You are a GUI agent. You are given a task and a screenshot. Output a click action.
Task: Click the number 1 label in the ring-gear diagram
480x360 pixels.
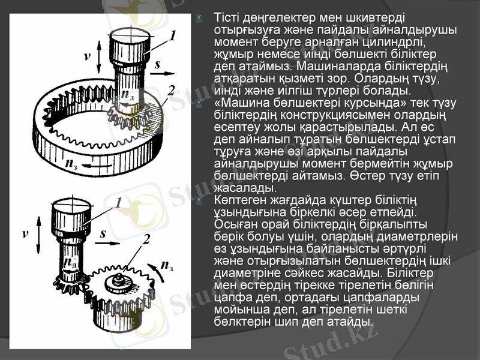tap(173, 36)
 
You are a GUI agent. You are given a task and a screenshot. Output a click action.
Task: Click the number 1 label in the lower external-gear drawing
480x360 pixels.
tap(119, 202)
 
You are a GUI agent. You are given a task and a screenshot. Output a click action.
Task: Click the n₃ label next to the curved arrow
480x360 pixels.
tap(167, 265)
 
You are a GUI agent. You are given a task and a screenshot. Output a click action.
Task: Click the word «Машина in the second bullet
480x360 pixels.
tap(239, 103)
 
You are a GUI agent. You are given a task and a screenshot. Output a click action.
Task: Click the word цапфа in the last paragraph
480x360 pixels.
tap(229, 296)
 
